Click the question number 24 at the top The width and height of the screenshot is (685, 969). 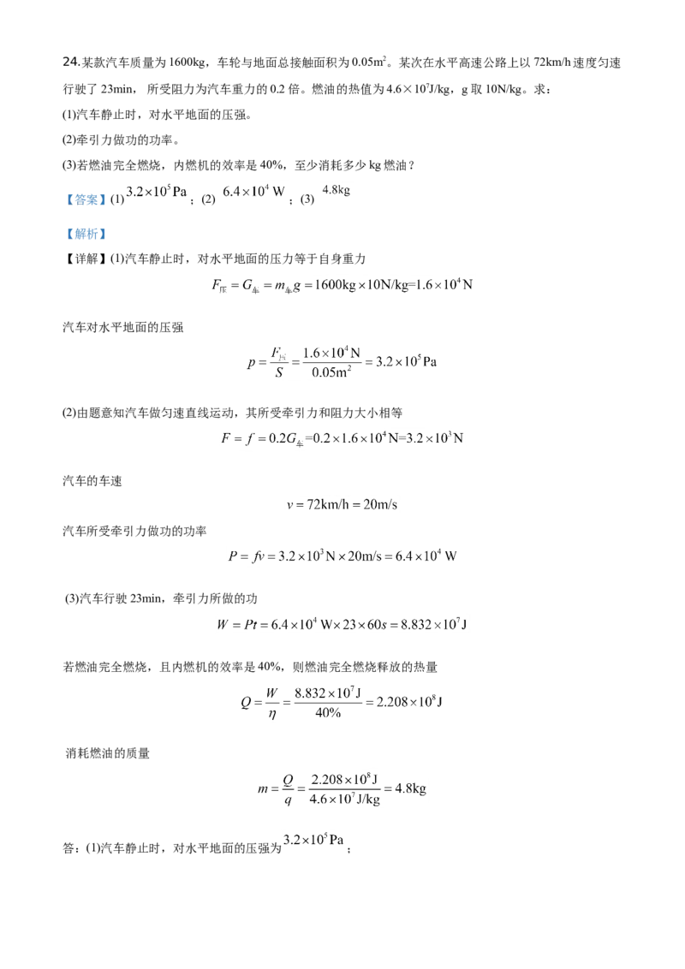[70, 62]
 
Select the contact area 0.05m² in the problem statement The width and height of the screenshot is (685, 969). [368, 62]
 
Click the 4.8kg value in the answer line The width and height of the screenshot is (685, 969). [337, 190]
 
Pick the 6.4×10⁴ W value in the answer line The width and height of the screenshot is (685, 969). [253, 192]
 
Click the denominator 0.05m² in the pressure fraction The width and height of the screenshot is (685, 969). [331, 372]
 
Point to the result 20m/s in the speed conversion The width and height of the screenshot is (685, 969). [380, 505]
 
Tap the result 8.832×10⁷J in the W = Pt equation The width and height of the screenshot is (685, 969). [433, 624]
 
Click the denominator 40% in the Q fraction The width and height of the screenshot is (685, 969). [328, 712]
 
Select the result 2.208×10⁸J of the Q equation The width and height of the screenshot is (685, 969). [408, 702]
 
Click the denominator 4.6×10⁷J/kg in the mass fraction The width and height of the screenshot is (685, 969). [344, 799]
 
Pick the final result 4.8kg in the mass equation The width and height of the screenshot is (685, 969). [410, 788]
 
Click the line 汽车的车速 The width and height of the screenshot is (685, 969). [92, 481]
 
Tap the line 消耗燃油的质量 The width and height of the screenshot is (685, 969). [108, 753]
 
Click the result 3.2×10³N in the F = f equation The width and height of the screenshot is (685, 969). [435, 438]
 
